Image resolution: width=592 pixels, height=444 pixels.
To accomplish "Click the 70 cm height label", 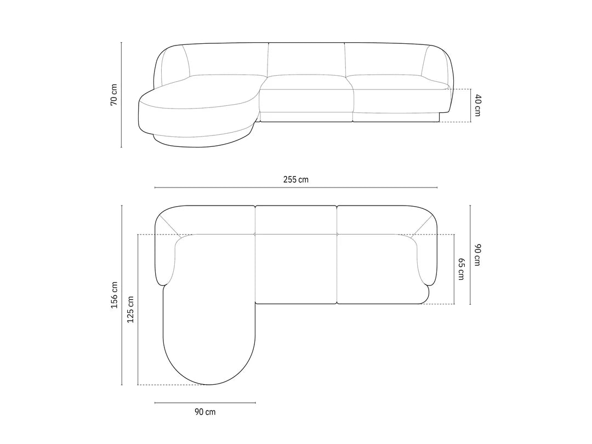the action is click(x=114, y=95).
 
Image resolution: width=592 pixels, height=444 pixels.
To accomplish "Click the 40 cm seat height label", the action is click(x=477, y=105).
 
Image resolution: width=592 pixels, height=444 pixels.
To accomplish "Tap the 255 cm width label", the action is click(x=295, y=180).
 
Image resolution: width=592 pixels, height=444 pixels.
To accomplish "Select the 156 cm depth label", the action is click(x=114, y=295).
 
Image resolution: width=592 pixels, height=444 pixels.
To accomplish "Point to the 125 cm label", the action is click(x=130, y=310).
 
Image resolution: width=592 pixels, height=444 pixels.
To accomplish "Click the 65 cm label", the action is click(x=461, y=269).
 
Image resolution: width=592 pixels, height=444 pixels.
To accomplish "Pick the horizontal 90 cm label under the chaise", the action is click(x=205, y=412).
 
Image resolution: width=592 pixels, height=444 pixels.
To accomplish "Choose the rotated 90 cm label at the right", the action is click(x=477, y=255).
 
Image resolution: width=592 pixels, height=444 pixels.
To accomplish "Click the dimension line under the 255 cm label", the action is click(x=296, y=187).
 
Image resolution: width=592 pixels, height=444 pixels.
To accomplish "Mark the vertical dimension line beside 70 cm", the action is click(x=121, y=95).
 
